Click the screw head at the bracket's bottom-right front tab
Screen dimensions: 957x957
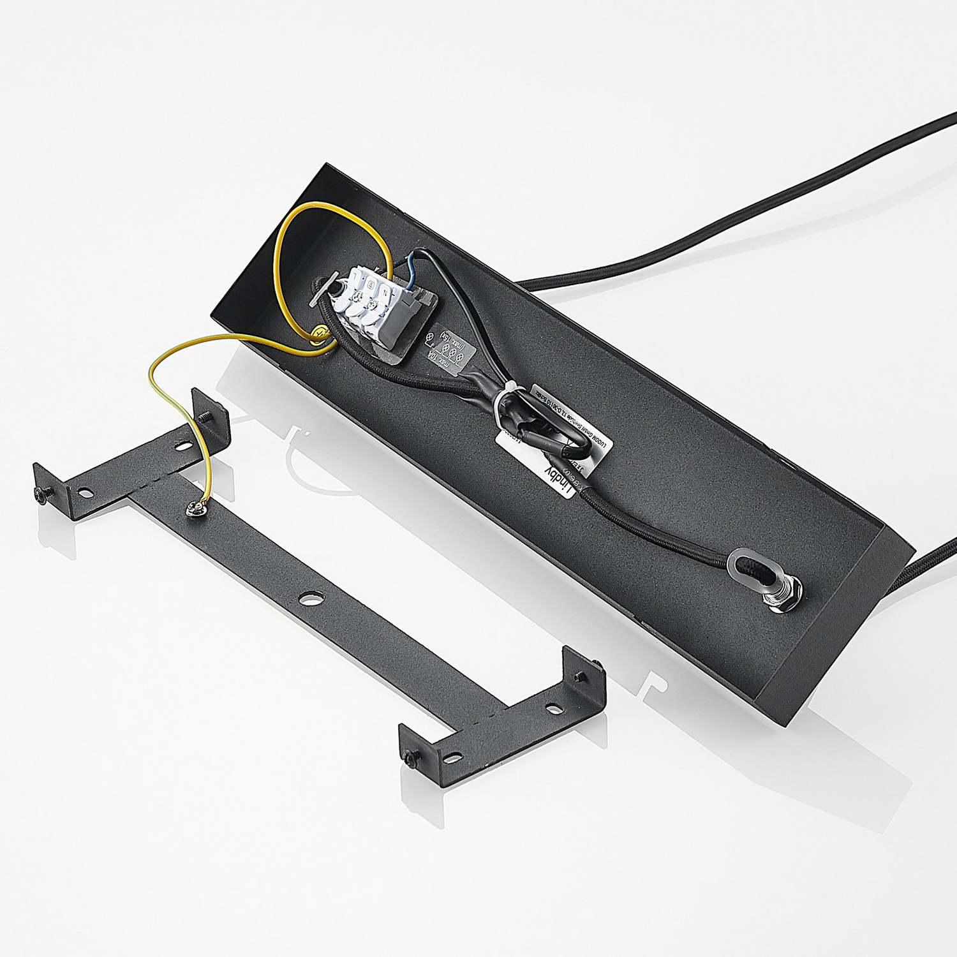point(409,757)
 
